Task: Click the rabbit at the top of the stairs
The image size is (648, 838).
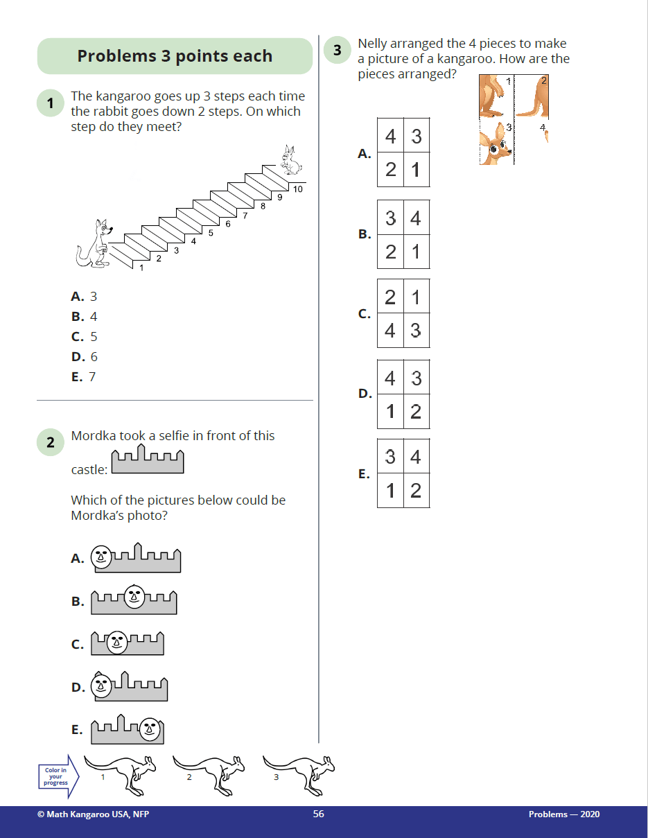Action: coord(290,161)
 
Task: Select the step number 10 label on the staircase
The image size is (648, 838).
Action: coord(298,189)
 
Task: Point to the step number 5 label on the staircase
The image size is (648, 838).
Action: coord(211,233)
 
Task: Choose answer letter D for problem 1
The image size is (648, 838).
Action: coord(77,357)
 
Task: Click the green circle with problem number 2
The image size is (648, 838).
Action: coord(51,443)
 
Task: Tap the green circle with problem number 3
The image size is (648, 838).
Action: coord(338,51)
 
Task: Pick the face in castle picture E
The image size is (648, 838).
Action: coord(148,727)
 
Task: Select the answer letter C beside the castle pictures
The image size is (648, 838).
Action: coord(78,645)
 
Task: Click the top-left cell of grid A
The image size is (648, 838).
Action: coord(390,136)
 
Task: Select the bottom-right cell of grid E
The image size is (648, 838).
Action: coord(416,491)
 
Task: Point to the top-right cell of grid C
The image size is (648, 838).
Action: coord(416,297)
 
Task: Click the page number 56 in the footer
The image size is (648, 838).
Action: coord(318,814)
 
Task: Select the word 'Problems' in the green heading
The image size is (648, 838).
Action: coord(117,56)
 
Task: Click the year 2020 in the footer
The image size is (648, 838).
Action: coord(588,814)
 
